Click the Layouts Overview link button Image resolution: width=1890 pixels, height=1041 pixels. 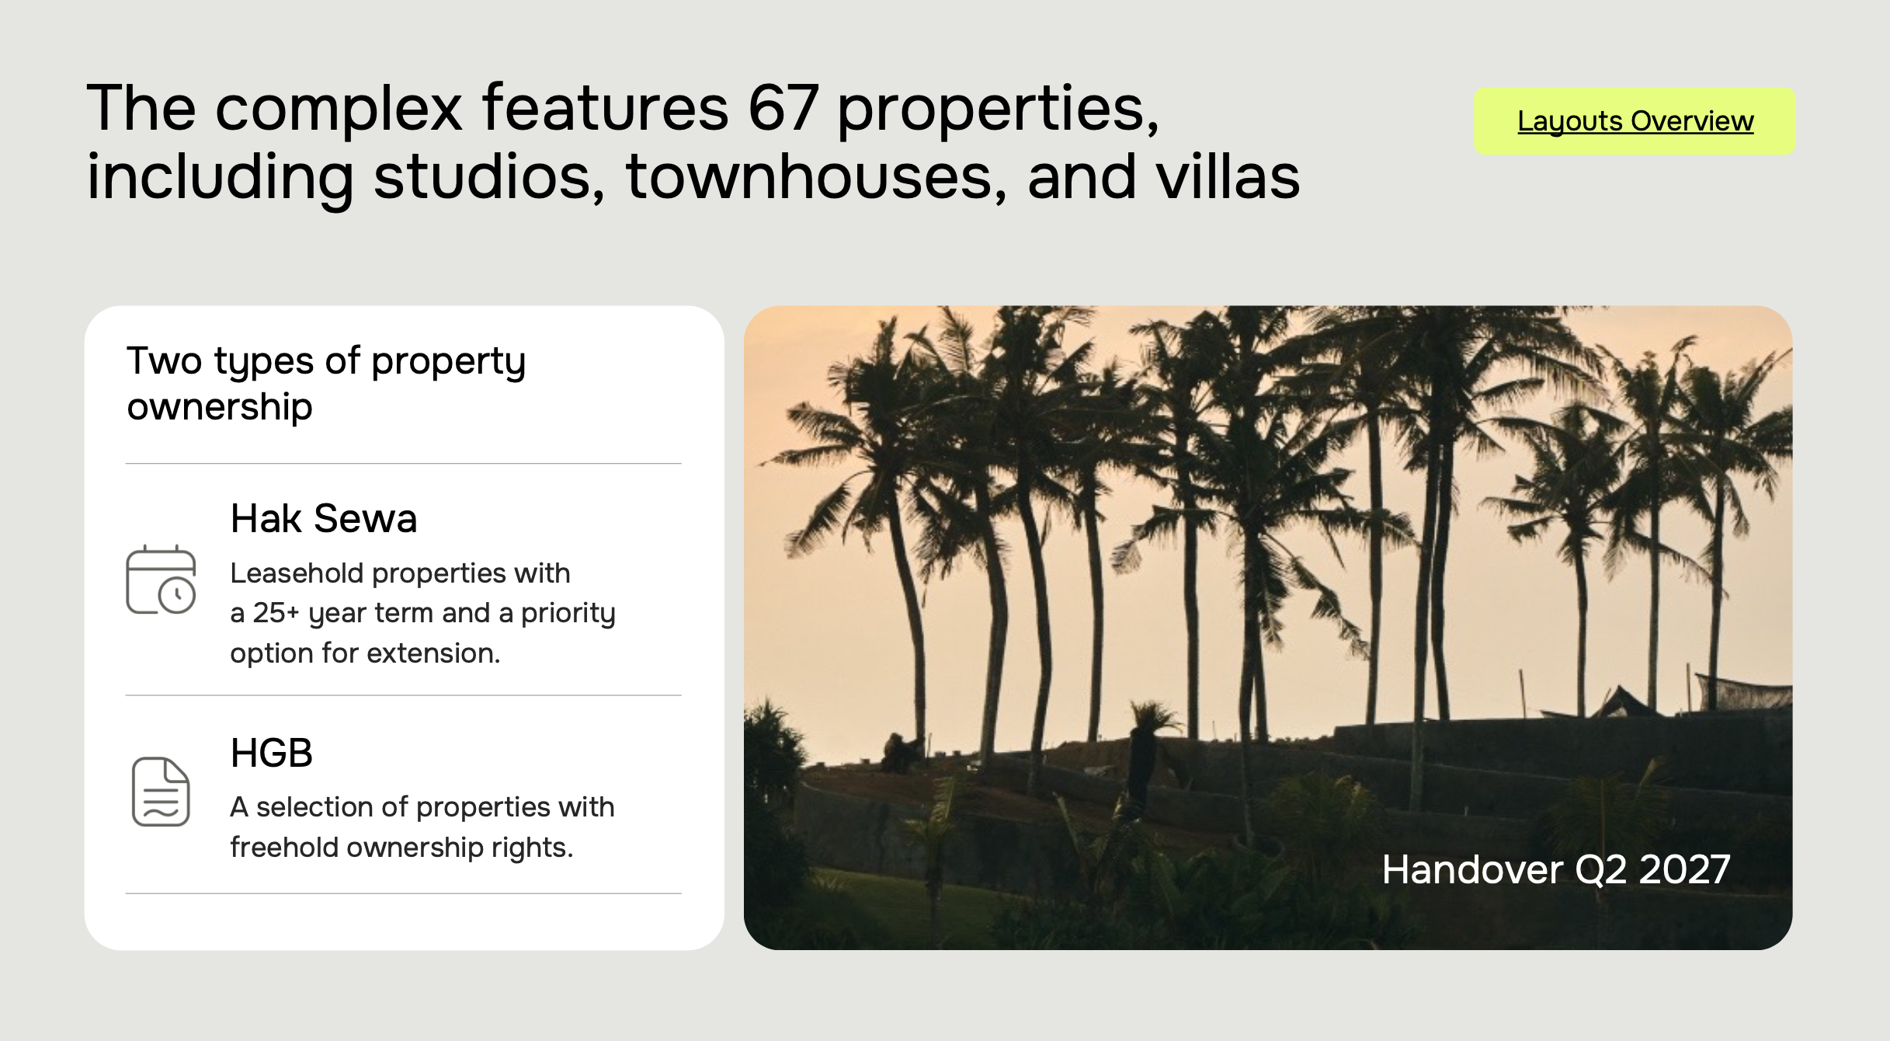(1635, 121)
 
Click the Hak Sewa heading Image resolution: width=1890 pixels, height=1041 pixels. (324, 518)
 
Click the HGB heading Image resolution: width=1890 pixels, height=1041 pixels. (272, 753)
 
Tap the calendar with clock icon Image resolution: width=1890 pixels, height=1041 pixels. (161, 580)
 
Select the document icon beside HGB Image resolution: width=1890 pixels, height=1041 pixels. (161, 791)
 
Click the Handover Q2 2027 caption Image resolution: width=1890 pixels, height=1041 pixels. (1556, 869)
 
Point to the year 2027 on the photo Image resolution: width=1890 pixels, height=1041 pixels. (1684, 869)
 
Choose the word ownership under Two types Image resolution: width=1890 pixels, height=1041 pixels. (220, 407)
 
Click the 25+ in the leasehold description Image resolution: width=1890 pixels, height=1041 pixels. (276, 613)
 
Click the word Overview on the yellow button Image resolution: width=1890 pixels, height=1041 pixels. (1692, 121)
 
